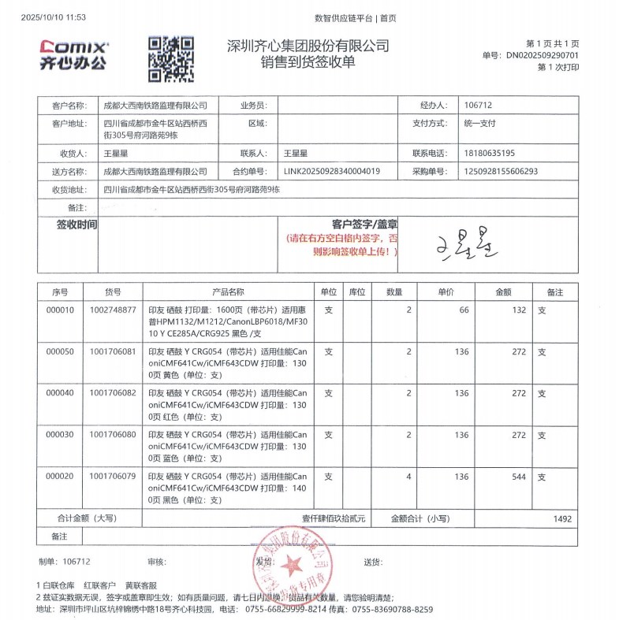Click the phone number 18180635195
(490, 153)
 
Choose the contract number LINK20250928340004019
(331, 171)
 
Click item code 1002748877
(114, 310)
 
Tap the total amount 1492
(561, 518)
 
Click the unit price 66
(464, 310)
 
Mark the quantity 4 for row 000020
(408, 477)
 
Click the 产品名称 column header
(228, 292)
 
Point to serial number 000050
(60, 351)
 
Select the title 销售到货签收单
(308, 62)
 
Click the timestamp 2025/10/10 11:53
(54, 17)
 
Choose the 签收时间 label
(76, 225)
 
